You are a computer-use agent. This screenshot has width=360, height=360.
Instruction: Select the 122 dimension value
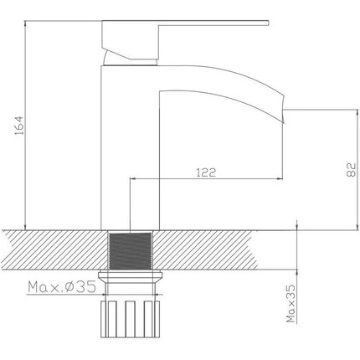click(207, 172)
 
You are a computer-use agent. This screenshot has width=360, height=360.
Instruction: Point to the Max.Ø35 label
click(62, 288)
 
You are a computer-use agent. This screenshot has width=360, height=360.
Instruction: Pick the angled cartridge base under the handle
click(129, 55)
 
